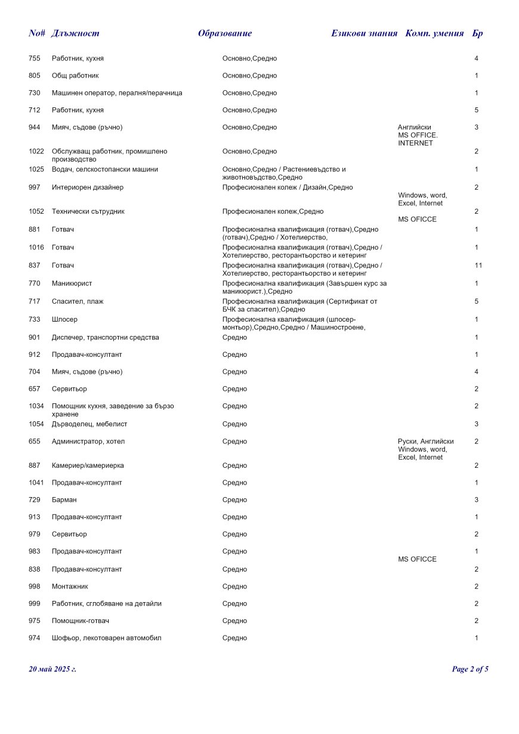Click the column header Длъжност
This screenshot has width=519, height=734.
pyautogui.click(x=75, y=33)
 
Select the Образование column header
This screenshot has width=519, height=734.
pyautogui.click(x=225, y=33)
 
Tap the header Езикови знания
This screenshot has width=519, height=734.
pyautogui.click(x=364, y=33)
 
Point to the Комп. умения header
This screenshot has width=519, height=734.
pyautogui.click(x=434, y=33)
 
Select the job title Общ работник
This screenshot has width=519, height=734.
pyautogui.click(x=75, y=76)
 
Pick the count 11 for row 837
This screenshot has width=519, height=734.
pyautogui.click(x=478, y=265)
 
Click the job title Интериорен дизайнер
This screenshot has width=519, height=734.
pyautogui.click(x=88, y=187)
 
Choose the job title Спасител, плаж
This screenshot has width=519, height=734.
pyautogui.click(x=78, y=301)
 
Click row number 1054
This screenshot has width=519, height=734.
pyautogui.click(x=36, y=424)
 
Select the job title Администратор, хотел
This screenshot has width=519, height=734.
pyautogui.click(x=88, y=442)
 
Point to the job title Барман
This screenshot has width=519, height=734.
pyautogui.click(x=64, y=499)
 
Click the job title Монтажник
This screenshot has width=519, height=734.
pyautogui.click(x=70, y=587)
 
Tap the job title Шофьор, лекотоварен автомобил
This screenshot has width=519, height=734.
pyautogui.click(x=106, y=638)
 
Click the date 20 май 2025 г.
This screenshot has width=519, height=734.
pyautogui.click(x=52, y=669)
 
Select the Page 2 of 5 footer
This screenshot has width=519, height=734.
pyautogui.click(x=470, y=669)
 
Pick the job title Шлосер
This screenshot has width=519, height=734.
pyautogui.click(x=64, y=319)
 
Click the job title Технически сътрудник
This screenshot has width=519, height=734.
pyautogui.click(x=88, y=211)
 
